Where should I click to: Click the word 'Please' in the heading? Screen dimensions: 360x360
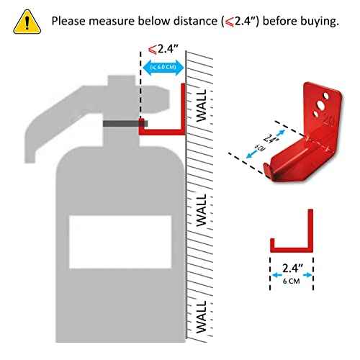point(71,20)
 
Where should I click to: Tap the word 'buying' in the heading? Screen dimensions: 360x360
point(314,20)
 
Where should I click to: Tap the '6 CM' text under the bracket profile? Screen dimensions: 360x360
point(292,282)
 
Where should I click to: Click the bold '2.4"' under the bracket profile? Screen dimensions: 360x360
point(292,269)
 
